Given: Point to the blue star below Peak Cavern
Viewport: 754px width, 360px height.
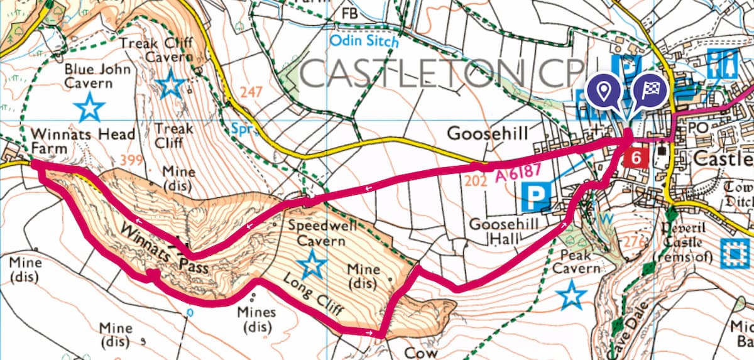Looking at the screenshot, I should click(571, 295).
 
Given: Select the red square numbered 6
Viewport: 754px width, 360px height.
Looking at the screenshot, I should click(636, 158).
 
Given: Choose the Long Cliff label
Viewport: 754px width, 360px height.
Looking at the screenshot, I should click(309, 296).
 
